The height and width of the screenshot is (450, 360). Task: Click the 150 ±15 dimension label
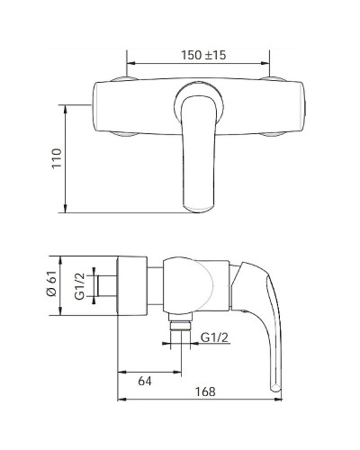point(203,55)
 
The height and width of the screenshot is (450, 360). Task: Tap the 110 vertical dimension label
point(57,158)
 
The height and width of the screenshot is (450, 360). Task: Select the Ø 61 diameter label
point(52,283)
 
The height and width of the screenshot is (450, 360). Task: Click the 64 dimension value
point(145,381)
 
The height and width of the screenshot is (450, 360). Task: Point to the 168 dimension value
point(205,391)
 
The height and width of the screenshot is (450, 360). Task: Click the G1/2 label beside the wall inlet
point(80,287)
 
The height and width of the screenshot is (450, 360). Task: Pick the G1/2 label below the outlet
point(214,337)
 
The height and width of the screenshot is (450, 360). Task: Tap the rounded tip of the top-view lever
point(199,209)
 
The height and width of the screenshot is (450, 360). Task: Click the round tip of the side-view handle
point(275,387)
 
